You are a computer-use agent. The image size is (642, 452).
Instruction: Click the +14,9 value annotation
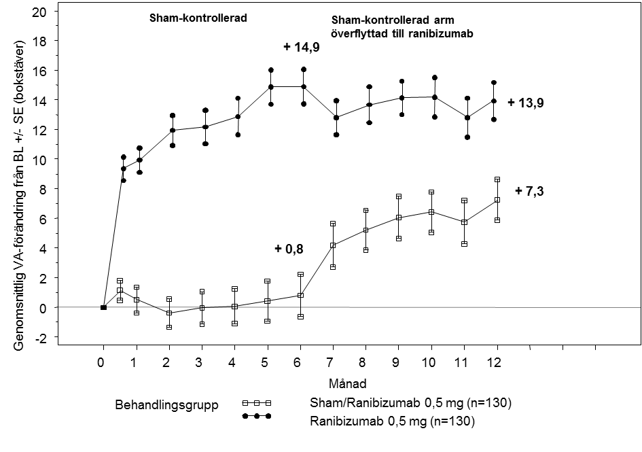tap(302, 47)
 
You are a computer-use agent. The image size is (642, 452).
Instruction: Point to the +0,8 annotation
tap(290, 249)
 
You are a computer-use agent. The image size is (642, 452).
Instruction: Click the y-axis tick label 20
tap(40, 12)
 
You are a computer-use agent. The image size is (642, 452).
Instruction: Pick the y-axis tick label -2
tap(40, 337)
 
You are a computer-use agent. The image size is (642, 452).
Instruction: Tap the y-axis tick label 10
tap(40, 159)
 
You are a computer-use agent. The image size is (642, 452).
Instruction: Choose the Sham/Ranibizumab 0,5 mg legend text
tap(406, 403)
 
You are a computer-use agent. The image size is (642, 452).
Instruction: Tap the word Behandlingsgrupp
tap(166, 406)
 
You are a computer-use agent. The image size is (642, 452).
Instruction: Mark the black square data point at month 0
tap(103, 307)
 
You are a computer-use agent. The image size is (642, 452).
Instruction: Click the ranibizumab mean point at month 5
tap(271, 87)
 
